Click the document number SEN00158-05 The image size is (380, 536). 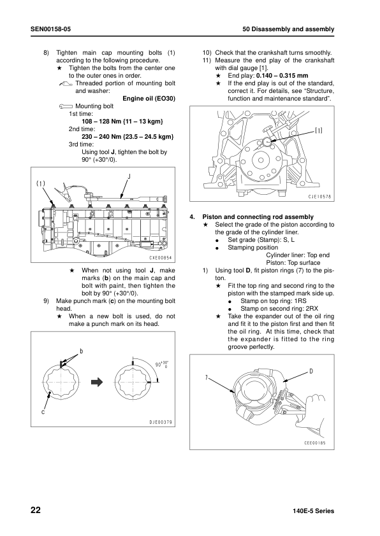coord(50,29)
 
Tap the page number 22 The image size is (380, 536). coord(36,511)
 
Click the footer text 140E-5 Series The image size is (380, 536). coord(314,511)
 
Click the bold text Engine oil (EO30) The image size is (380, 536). coord(149,99)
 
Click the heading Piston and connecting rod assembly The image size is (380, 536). coord(258,216)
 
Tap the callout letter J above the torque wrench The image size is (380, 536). coord(129,177)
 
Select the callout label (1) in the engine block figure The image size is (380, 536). coord(41,183)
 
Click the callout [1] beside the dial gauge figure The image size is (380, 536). coord(318,130)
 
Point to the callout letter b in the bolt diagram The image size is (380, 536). coord(82,351)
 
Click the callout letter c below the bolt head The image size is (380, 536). coord(43,413)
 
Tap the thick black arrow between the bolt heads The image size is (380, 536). coord(97,382)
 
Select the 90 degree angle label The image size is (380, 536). coord(161,364)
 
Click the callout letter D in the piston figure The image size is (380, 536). coord(311,371)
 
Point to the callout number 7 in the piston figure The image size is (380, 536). coord(206,377)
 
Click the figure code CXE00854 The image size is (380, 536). coord(161,258)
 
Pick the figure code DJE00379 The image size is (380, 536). coord(161,422)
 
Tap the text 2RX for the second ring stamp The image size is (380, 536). coord(312,309)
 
